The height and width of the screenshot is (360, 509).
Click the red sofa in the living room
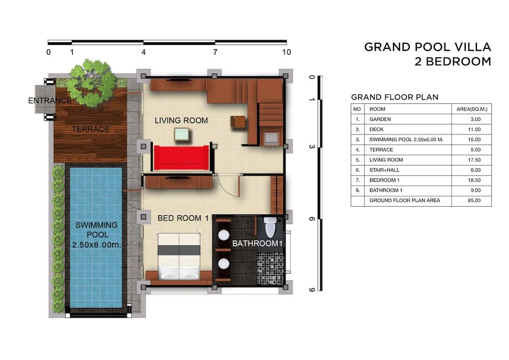click(x=181, y=157)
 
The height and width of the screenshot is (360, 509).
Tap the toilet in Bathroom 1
click(x=270, y=227)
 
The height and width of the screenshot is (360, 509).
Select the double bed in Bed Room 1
click(x=179, y=256)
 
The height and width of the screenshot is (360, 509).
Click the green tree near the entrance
click(x=92, y=82)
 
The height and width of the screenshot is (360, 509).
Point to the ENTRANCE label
click(x=49, y=101)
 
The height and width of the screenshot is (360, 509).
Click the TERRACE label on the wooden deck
click(x=91, y=129)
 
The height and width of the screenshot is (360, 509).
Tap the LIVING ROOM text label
click(x=181, y=121)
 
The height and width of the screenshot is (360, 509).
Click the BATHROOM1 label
click(x=257, y=244)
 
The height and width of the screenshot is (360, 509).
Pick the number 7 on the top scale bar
click(x=215, y=52)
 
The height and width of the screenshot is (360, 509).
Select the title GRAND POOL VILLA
click(x=427, y=47)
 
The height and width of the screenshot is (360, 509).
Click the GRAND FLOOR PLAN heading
click(x=394, y=97)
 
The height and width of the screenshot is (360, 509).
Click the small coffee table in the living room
click(x=181, y=134)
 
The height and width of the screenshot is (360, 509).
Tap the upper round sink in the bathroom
click(x=223, y=235)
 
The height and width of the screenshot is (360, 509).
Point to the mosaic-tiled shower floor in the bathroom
click(x=270, y=268)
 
